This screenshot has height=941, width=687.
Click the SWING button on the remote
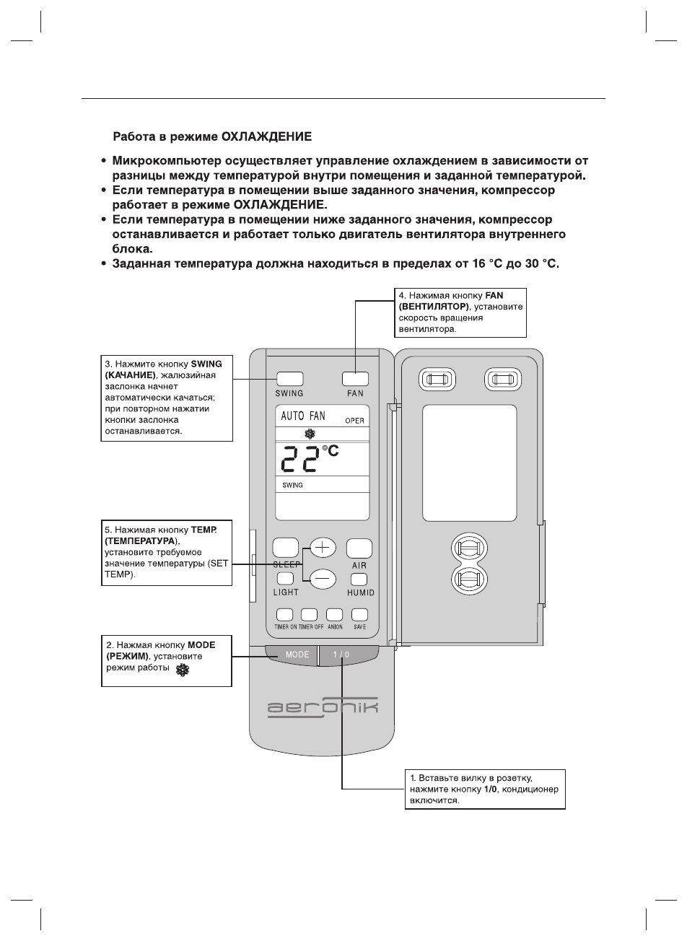pyautogui.click(x=289, y=378)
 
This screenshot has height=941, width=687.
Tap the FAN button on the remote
pyautogui.click(x=355, y=378)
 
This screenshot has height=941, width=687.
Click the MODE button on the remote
pyautogui.click(x=291, y=655)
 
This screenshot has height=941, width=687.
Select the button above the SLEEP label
pyautogui.click(x=286, y=548)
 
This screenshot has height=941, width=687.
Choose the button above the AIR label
pyautogui.click(x=359, y=548)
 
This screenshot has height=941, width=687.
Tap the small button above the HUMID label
pyautogui.click(x=359, y=579)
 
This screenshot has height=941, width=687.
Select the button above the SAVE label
pyautogui.click(x=359, y=615)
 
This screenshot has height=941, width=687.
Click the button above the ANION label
pyautogui.click(x=334, y=615)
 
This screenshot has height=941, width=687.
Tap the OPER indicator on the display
pyautogui.click(x=354, y=421)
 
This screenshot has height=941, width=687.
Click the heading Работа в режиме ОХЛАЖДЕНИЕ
pyautogui.click(x=212, y=136)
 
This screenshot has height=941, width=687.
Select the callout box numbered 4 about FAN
pyautogui.click(x=460, y=312)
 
